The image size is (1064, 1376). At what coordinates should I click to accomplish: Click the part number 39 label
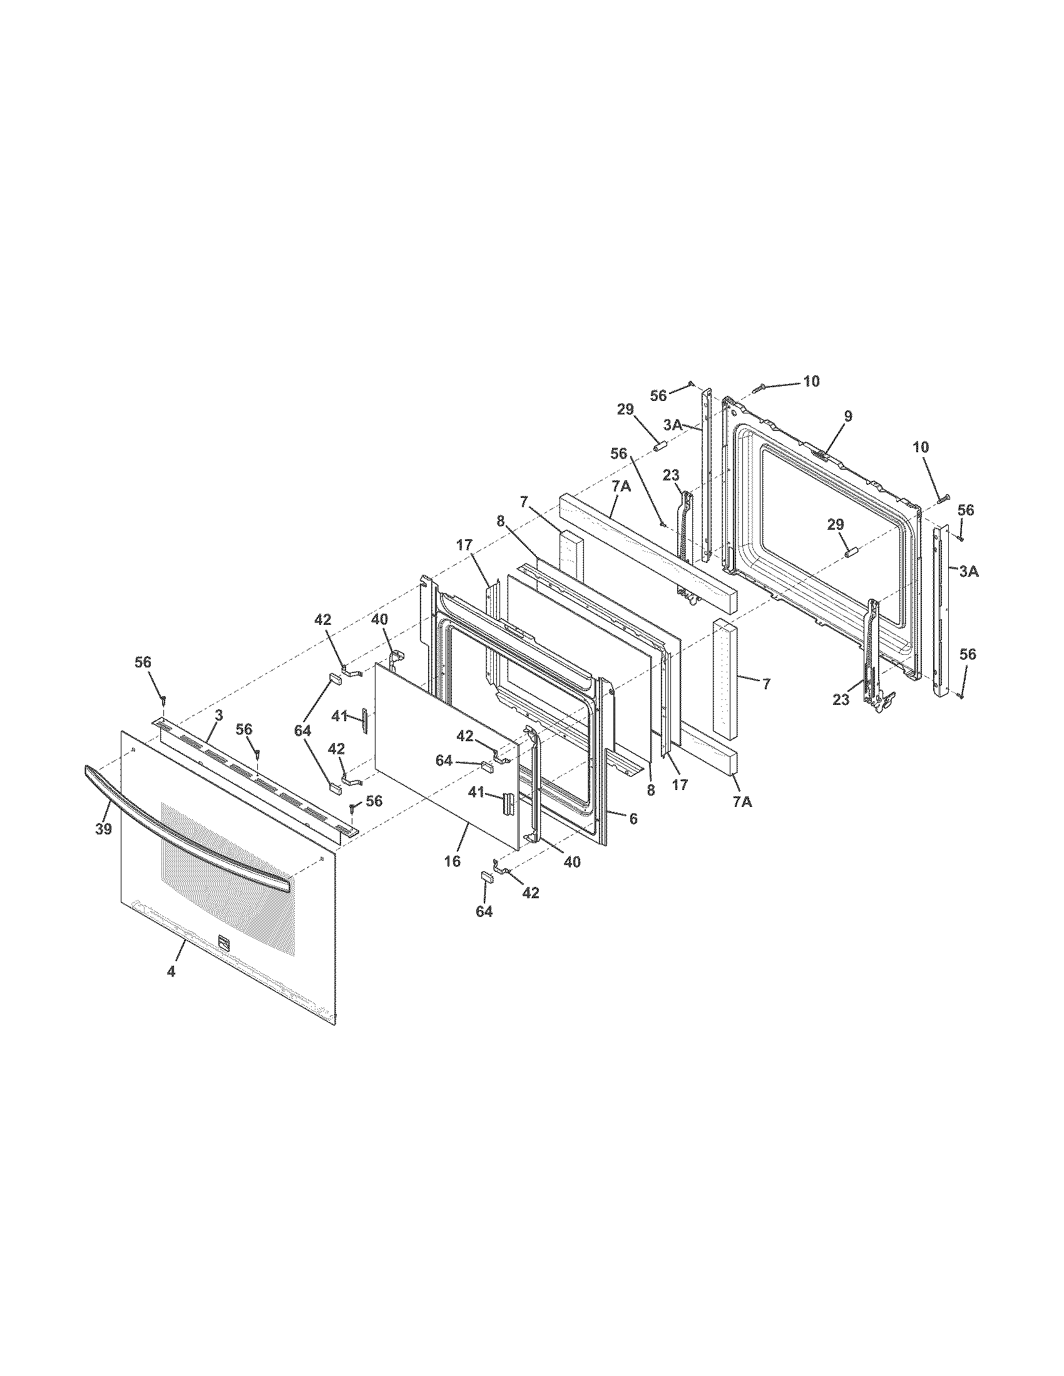click(103, 829)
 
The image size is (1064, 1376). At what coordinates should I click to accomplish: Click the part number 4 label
click(171, 971)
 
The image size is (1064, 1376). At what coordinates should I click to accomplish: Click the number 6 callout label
click(633, 819)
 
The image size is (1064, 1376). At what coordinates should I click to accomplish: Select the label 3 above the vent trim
click(218, 715)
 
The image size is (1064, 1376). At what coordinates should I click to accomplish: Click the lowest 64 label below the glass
click(483, 912)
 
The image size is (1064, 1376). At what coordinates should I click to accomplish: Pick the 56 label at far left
click(143, 662)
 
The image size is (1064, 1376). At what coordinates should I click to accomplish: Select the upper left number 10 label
click(811, 381)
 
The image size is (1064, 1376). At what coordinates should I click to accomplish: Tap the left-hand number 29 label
click(625, 410)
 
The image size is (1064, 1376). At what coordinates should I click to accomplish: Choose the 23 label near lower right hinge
click(840, 699)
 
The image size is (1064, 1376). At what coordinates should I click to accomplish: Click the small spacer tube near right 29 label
click(852, 552)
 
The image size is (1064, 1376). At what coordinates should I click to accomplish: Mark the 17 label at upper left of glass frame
click(464, 545)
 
